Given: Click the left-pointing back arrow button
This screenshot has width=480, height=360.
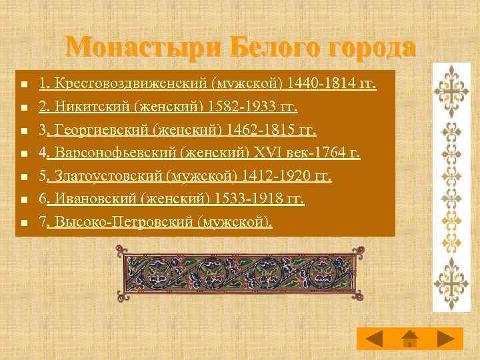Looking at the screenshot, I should pyautogui.click(x=373, y=338).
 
